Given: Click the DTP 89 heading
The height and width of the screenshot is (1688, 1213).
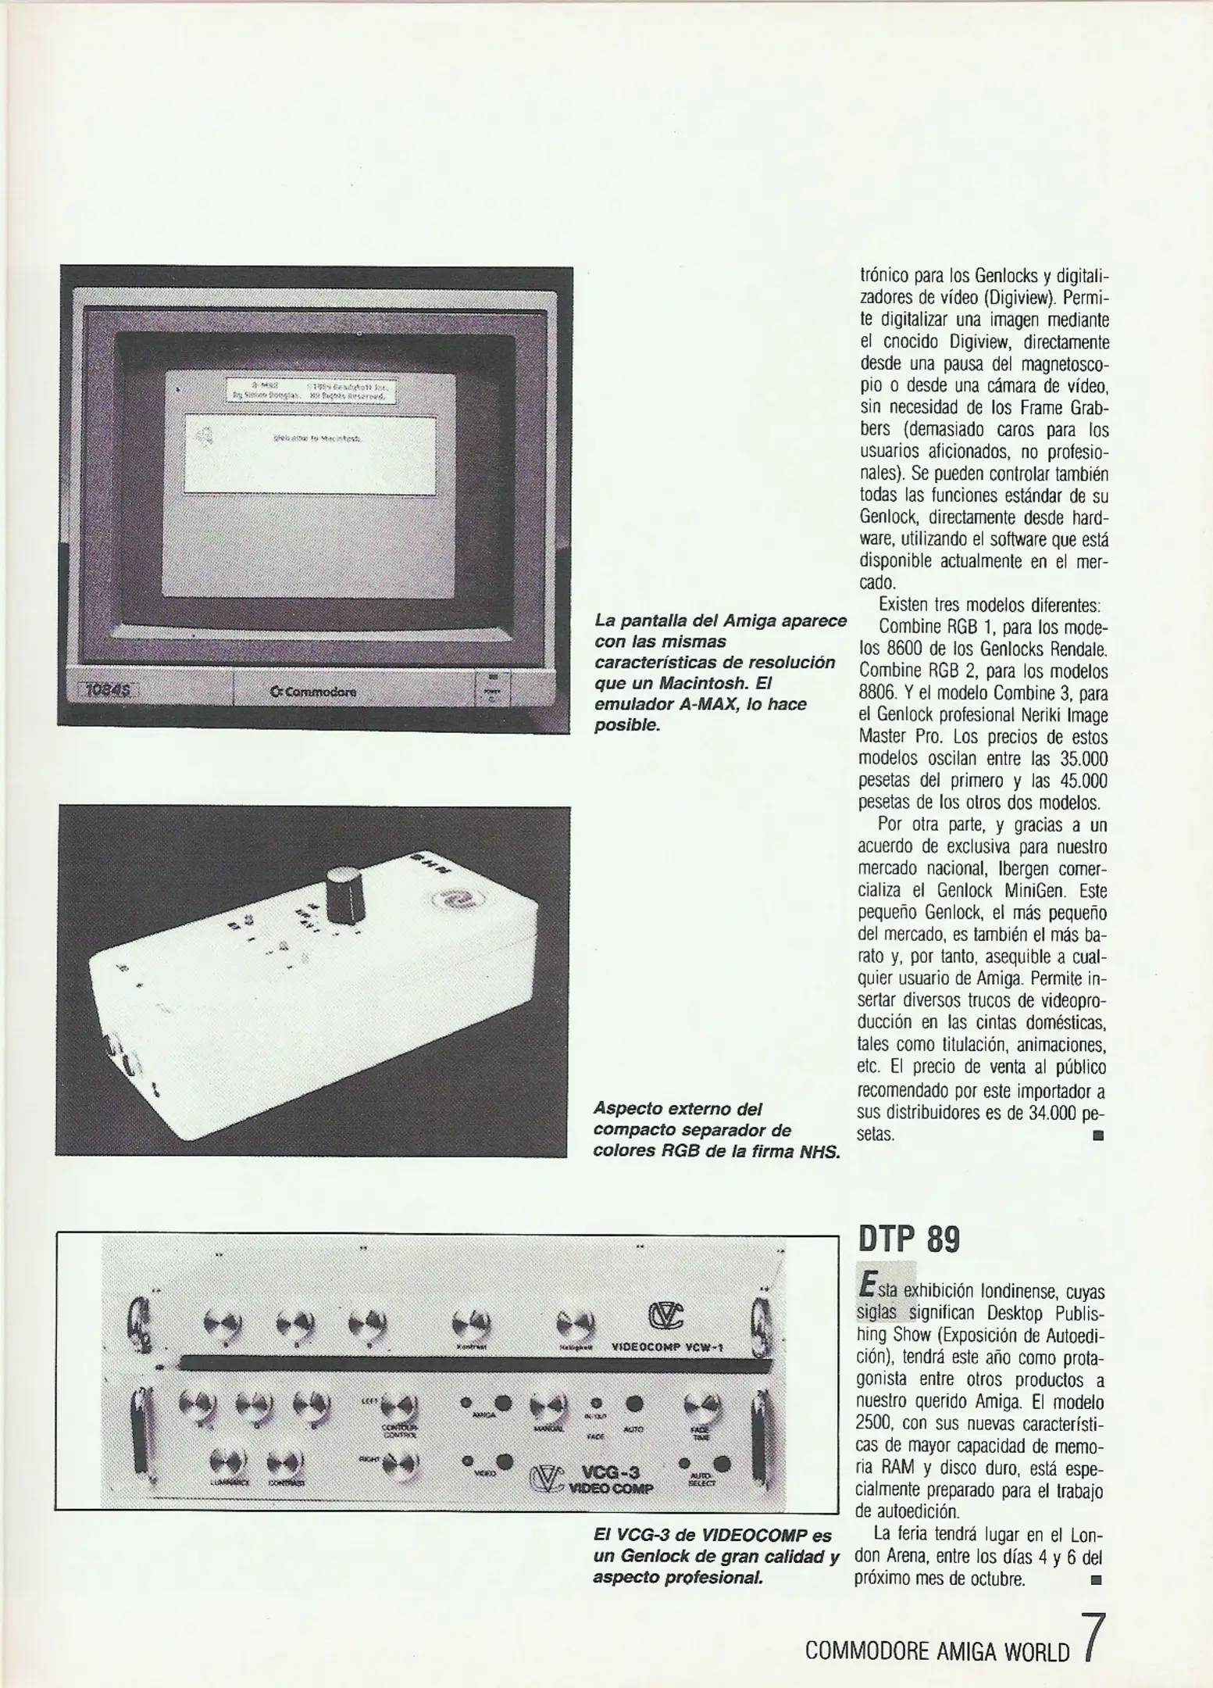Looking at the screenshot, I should click(x=908, y=1240).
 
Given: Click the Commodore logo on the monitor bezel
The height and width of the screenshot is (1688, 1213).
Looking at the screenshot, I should click(x=312, y=691).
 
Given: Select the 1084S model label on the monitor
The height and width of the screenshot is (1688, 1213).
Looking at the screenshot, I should click(x=109, y=688).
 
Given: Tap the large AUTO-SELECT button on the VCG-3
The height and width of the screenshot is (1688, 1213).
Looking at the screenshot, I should click(x=722, y=1464).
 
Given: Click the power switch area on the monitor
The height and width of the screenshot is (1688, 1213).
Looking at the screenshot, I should click(x=492, y=689).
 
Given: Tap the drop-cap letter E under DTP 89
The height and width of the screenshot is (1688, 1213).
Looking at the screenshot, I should click(x=866, y=1285).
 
